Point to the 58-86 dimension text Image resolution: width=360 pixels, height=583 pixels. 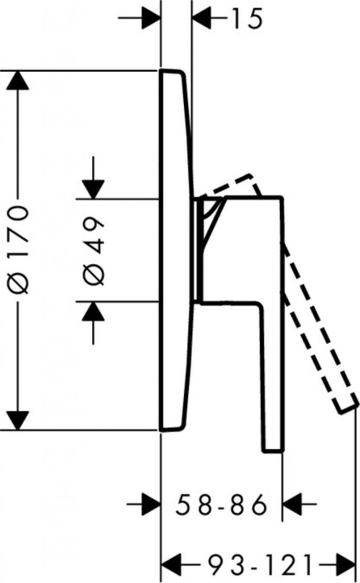pos(222,504)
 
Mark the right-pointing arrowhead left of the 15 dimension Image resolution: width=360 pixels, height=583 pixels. pos(150,19)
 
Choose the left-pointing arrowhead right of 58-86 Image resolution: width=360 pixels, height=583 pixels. pos(294,504)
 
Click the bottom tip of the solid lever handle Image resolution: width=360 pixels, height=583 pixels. pos(272,449)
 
